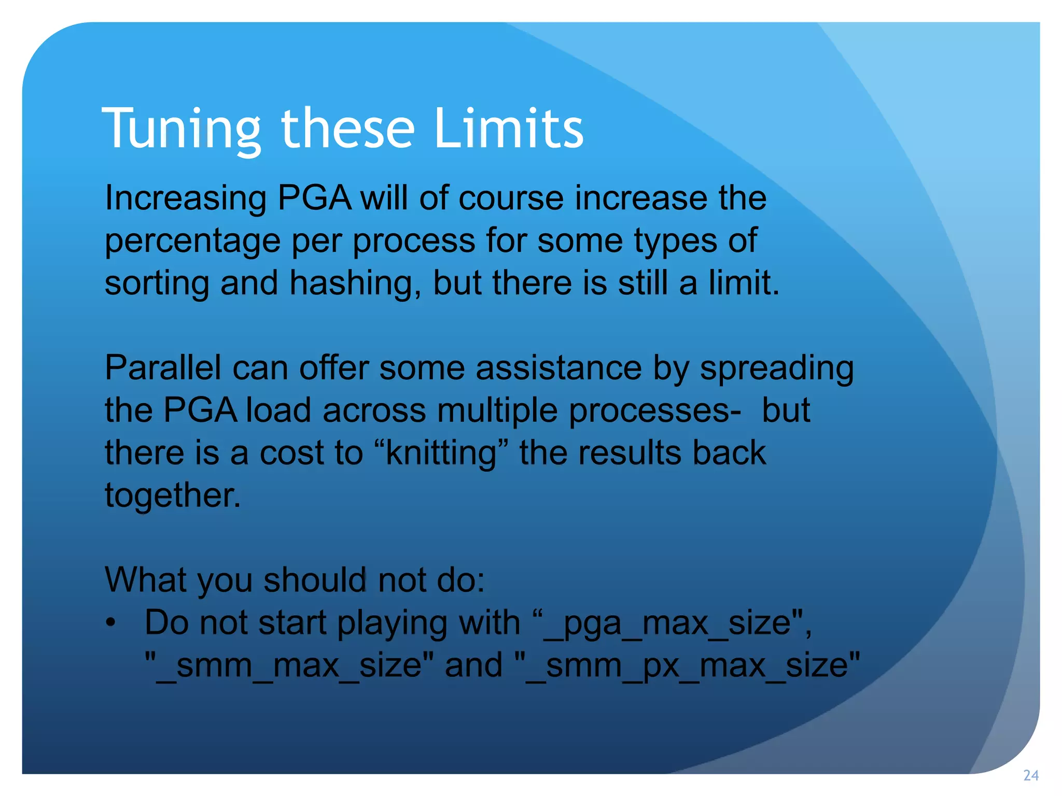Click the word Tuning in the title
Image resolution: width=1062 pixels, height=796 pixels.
(181, 129)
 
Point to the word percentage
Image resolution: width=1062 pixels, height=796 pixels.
(192, 241)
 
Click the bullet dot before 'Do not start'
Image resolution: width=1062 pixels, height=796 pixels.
(110, 623)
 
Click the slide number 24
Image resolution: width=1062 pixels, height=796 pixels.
(1030, 776)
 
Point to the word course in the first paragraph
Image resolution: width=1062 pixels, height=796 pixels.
(511, 199)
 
